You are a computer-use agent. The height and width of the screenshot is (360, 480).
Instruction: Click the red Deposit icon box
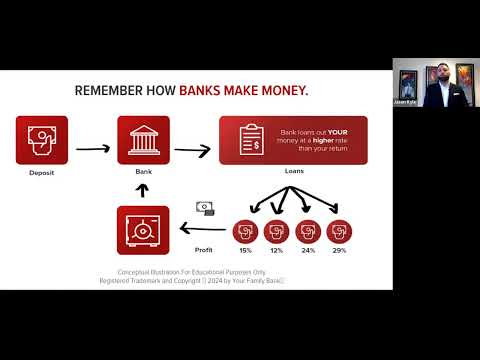pyautogui.click(x=42, y=141)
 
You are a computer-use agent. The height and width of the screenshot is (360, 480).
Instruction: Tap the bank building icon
pyautogui.click(x=143, y=141)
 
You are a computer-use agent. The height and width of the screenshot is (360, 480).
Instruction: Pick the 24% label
pyautogui.click(x=307, y=250)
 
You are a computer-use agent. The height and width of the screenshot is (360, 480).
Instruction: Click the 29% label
pyautogui.click(x=340, y=250)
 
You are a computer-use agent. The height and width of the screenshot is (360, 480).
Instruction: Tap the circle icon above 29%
pyautogui.click(x=340, y=231)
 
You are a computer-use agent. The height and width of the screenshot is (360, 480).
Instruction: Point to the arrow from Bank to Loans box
pyautogui.click(x=193, y=151)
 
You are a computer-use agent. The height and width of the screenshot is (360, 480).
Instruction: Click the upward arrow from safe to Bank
pyautogui.click(x=142, y=189)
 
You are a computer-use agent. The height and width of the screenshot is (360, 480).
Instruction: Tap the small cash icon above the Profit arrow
pyautogui.click(x=205, y=208)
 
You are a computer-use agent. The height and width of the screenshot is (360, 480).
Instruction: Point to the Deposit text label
pyautogui.click(x=42, y=173)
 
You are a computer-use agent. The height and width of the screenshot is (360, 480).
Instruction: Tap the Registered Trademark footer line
pyautogui.click(x=192, y=281)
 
